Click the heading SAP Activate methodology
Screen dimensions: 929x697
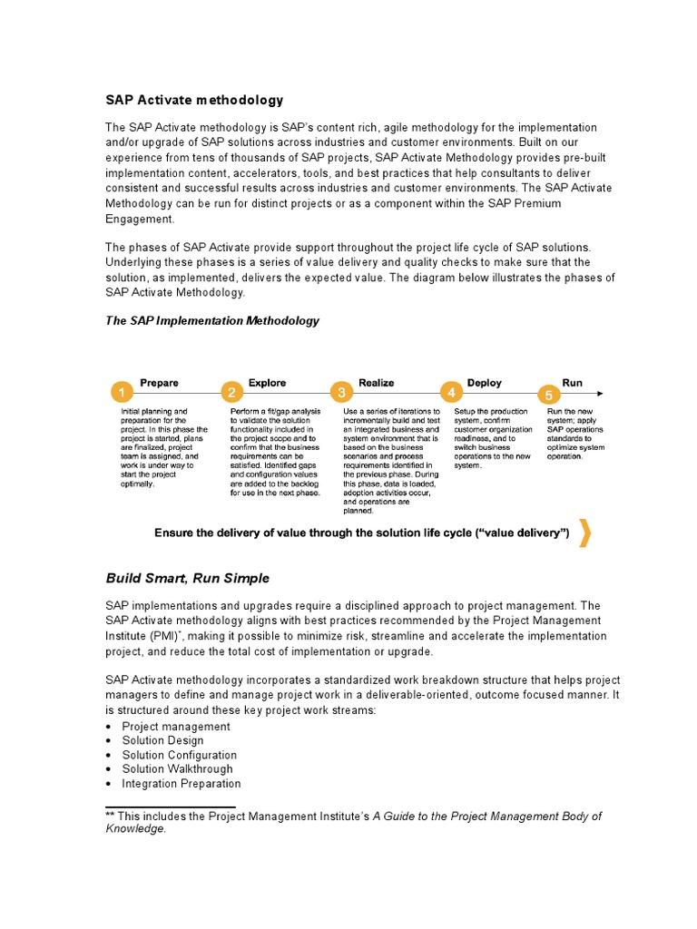tap(194, 101)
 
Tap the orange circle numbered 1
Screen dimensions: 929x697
tap(121, 393)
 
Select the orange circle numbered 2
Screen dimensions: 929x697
tap(231, 393)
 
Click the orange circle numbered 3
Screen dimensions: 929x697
tap(341, 393)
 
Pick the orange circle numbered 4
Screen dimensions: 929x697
tap(451, 393)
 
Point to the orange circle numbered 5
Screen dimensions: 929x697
tap(549, 395)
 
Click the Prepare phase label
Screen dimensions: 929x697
tap(159, 383)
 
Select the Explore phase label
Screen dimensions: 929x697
tap(267, 383)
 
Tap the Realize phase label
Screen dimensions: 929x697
tap(377, 383)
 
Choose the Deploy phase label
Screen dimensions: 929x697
tap(484, 383)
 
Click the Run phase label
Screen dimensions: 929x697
tap(572, 383)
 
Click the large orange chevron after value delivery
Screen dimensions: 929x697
tap(585, 534)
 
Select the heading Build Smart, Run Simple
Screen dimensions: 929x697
tap(187, 578)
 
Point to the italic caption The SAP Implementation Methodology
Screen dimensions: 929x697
tap(212, 321)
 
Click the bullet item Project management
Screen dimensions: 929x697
tap(175, 727)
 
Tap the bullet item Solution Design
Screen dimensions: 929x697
tap(162, 740)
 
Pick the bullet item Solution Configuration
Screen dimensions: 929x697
tap(179, 755)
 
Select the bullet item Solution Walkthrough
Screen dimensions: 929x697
tap(178, 769)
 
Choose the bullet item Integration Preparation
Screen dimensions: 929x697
tap(181, 783)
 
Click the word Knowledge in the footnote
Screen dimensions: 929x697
tap(135, 828)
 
